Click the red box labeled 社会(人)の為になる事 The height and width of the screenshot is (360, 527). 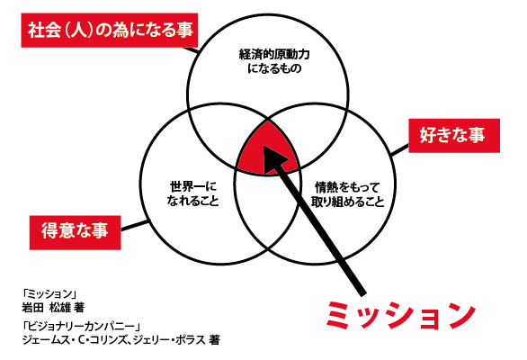pos(109,31)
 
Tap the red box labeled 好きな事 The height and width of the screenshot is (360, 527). pos(454,136)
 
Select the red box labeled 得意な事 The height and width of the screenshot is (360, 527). pos(75,232)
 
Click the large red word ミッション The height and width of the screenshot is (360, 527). pos(401,315)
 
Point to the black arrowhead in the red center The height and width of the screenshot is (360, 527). pos(274,158)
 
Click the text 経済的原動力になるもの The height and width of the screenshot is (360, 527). pos(274,61)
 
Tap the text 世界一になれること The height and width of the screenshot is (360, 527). pos(193,193)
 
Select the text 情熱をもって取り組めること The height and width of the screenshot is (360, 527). pos(347,194)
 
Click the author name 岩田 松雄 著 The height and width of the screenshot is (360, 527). pos(53,308)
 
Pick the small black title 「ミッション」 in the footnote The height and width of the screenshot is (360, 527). pos(49,293)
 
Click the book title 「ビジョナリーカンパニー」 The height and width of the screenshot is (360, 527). pos(81,326)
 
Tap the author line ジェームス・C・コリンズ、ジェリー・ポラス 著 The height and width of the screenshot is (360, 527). pos(121,340)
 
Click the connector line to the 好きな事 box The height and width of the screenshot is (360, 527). pos(399,150)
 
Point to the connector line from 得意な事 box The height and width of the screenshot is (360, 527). pos(134,225)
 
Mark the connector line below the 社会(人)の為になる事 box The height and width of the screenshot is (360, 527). pos(191,49)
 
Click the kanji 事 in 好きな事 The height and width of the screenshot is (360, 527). pos(476,135)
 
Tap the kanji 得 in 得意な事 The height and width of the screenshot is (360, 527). pos(49,232)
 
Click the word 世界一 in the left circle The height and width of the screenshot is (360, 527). pos(184,186)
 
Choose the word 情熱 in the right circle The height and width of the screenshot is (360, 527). pos(326,187)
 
